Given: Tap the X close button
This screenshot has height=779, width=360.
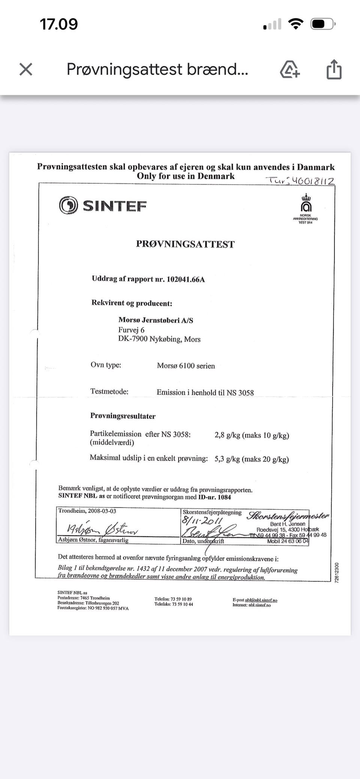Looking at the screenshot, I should [26, 69].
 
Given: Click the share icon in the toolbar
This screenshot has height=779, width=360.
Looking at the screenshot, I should [333, 69].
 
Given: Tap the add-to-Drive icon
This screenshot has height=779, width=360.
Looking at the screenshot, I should [289, 69].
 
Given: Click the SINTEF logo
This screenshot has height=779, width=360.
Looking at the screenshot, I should [103, 205].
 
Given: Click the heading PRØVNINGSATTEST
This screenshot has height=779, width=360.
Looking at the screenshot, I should [185, 244].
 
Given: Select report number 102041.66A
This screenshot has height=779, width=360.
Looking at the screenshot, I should [186, 279].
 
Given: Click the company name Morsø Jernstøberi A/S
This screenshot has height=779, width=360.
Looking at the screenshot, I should [156, 320].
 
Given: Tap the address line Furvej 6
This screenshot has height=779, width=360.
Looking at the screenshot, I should [131, 330].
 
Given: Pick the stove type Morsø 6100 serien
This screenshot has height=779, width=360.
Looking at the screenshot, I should [186, 366].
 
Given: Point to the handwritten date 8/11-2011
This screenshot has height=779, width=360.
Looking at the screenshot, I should [202, 521].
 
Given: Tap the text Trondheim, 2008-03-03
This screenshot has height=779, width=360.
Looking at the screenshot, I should [87, 511].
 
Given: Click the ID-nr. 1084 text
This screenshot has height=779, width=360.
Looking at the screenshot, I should [214, 497].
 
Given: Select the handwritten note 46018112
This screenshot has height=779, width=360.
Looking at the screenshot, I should [313, 181].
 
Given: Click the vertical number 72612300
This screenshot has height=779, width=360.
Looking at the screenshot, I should [337, 572].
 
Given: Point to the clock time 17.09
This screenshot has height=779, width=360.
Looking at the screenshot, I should [59, 24].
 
